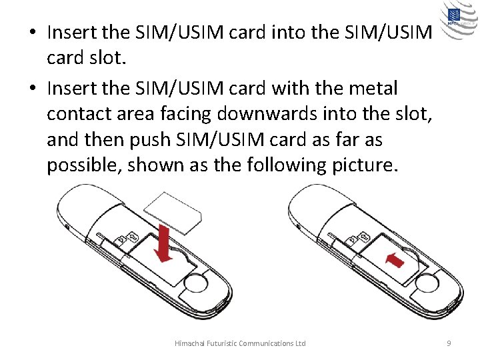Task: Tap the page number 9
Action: [449, 343]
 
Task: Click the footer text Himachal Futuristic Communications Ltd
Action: [240, 343]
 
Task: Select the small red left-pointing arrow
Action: [394, 259]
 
